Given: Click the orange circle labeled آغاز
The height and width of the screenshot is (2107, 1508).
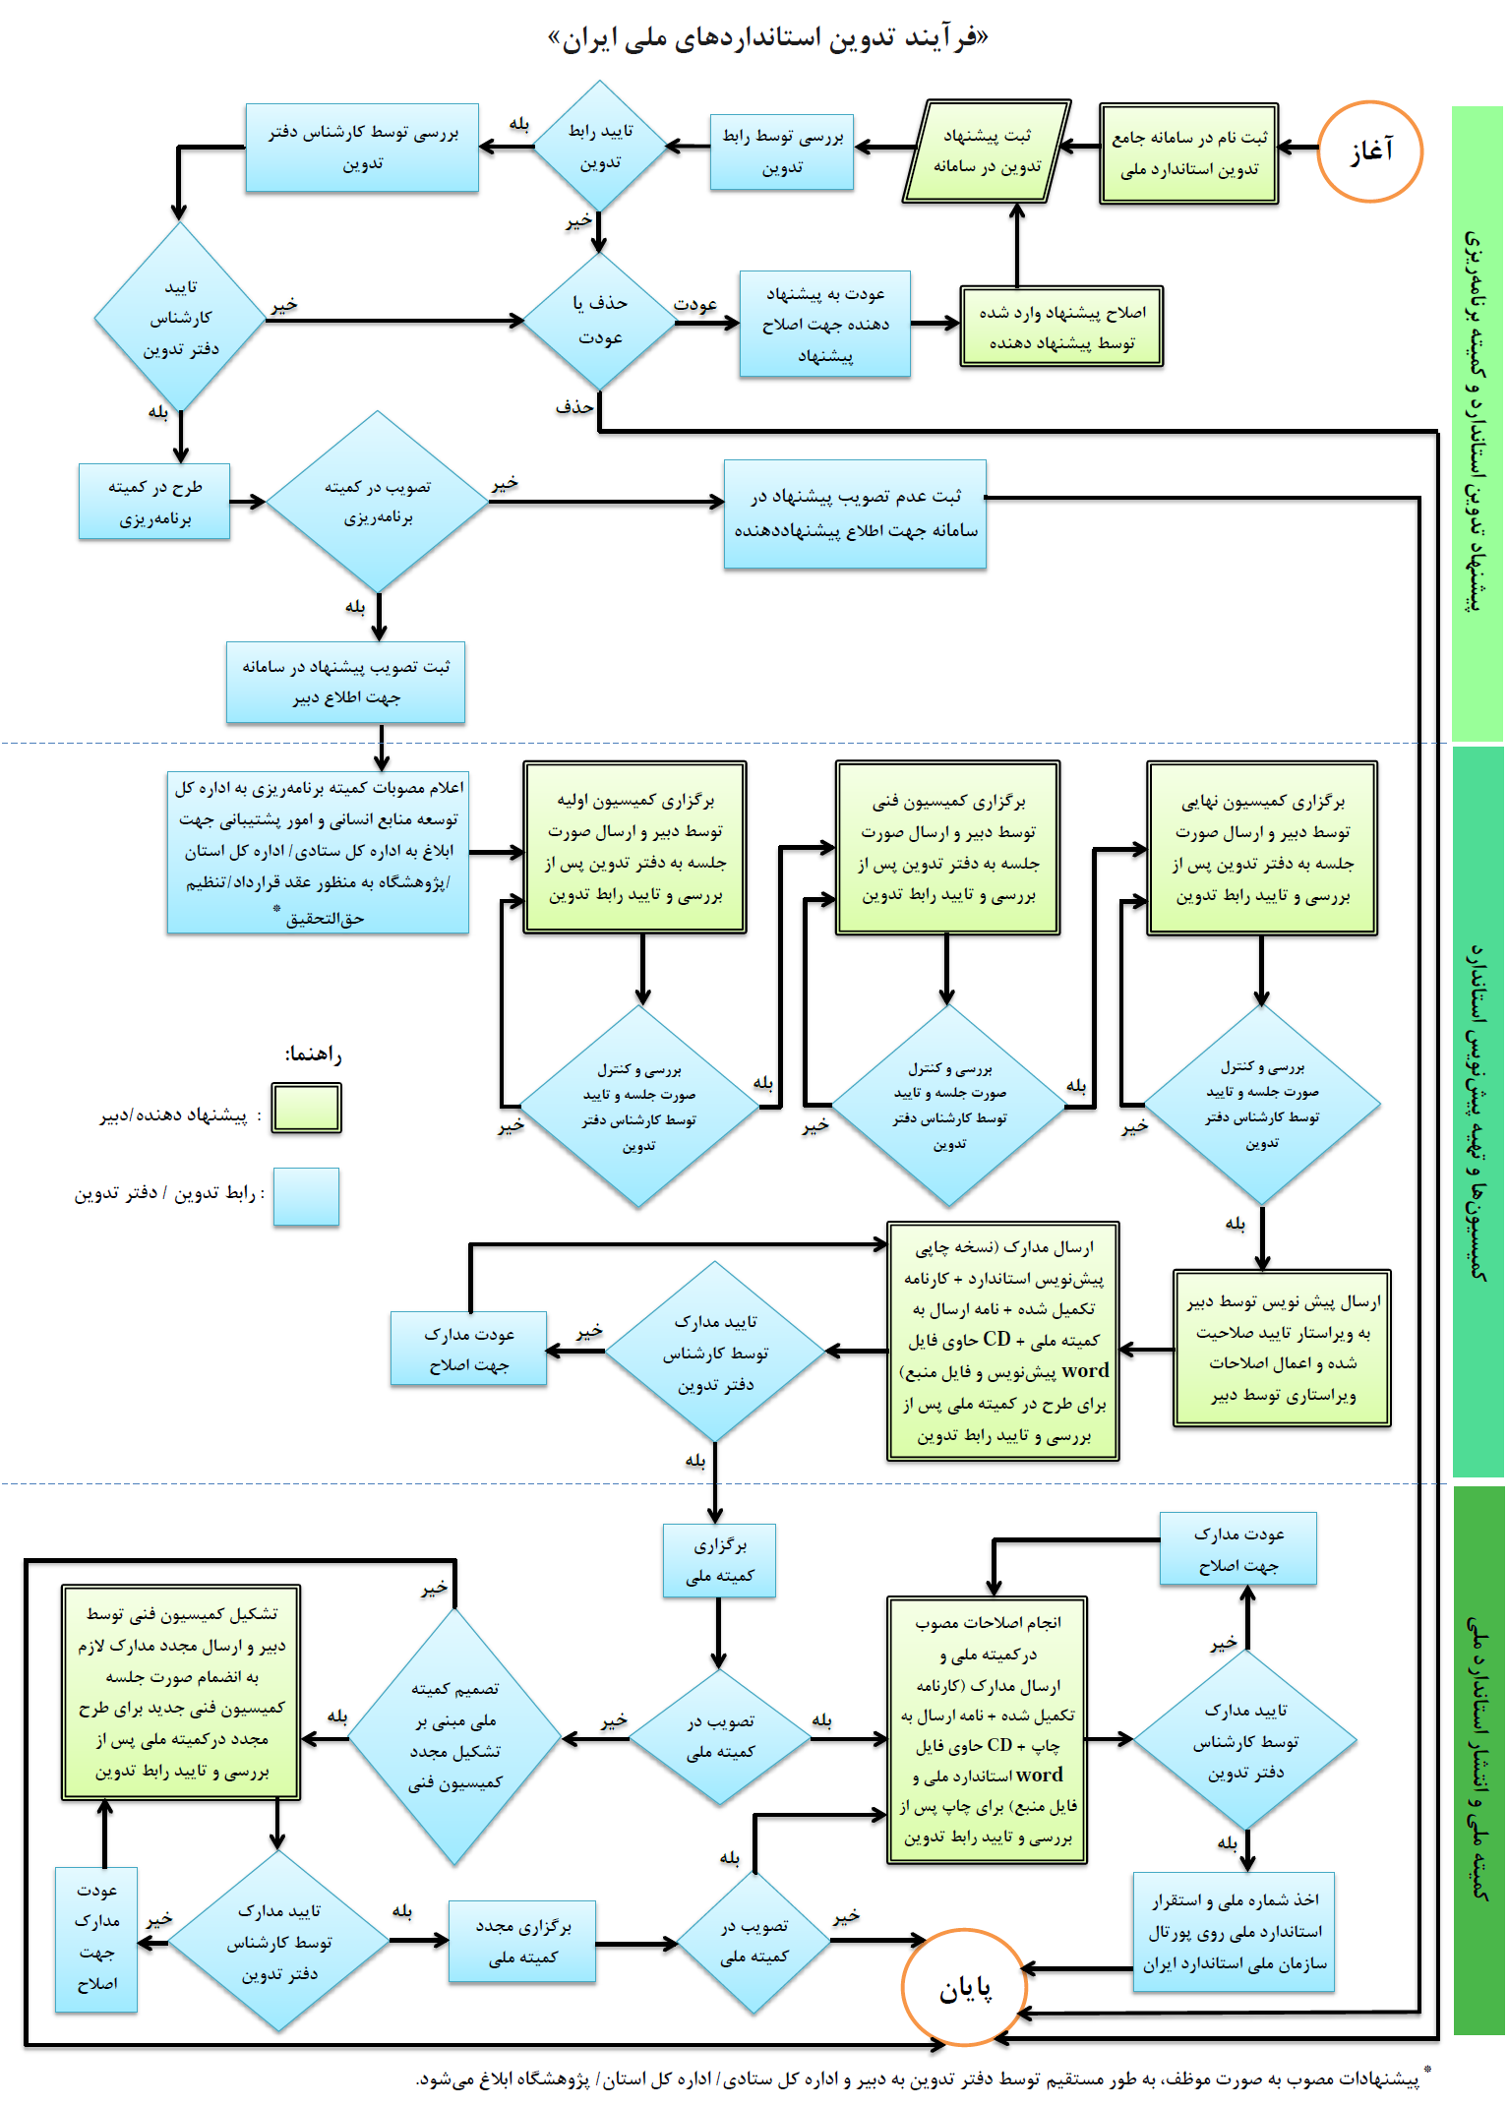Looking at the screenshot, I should pos(1369,151).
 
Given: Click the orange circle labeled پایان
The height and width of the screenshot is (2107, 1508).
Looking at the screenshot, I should pos(964,1988).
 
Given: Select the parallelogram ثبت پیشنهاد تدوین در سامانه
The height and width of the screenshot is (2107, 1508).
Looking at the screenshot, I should pos(987,151).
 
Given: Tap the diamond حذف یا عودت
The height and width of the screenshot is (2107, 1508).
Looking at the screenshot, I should pos(599,321).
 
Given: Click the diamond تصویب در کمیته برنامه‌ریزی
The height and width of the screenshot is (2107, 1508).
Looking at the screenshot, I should pos(378,502).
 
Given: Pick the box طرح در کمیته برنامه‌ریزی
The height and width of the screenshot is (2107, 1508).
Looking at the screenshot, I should pos(154,502).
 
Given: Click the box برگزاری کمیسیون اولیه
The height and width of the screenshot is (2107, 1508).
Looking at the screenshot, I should pos(634,847).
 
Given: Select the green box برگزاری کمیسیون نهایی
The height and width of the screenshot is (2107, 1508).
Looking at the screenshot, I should pos(1261,847).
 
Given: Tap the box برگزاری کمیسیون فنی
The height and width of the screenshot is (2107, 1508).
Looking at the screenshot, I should pos(947,847).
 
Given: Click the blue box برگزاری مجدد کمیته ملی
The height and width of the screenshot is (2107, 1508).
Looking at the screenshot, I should pos(522,1942).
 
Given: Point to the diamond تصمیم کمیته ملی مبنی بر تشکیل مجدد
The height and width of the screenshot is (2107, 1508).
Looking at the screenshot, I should pos(455,1736).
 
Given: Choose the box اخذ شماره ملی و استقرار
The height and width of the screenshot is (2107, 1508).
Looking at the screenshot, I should pos(1234,1932).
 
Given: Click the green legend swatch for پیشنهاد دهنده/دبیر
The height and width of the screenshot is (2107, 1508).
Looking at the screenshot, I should pos(307,1109).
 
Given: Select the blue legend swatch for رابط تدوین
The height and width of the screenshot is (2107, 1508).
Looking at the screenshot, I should pos(306,1196).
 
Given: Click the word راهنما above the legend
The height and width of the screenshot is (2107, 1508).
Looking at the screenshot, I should pos(313,1054).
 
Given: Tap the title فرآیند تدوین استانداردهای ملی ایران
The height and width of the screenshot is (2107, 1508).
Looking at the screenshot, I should pos(768,38).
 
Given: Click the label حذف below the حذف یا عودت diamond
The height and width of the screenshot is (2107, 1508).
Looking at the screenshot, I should pos(574,405).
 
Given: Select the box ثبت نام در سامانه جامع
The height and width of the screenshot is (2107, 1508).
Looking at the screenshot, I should pos(1188,153).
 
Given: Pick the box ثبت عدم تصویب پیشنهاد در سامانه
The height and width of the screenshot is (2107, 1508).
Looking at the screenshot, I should pos(855,513).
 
